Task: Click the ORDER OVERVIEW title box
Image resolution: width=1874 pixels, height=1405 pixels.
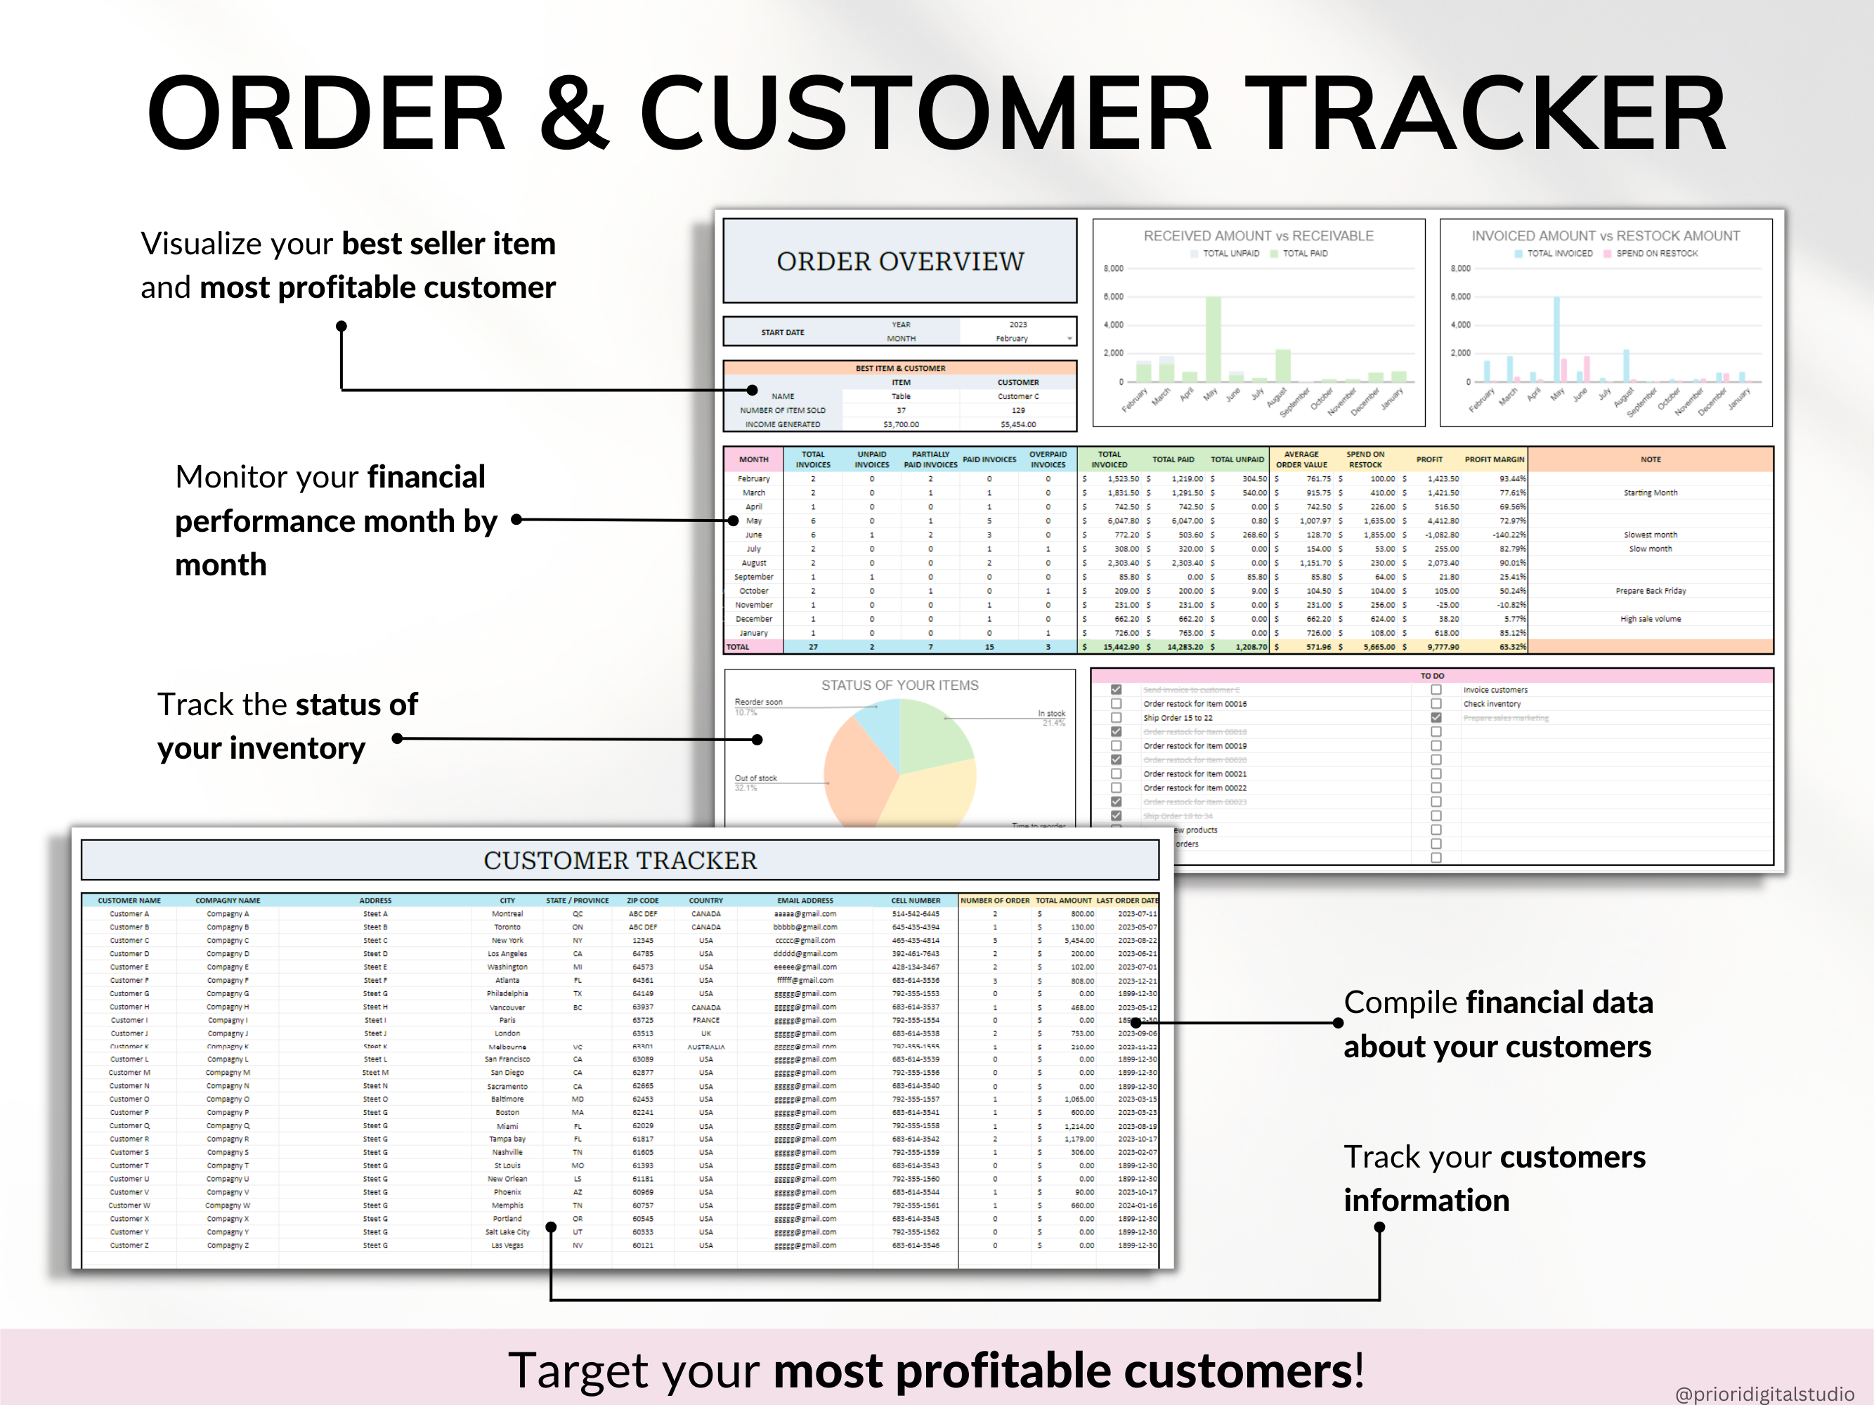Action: (899, 261)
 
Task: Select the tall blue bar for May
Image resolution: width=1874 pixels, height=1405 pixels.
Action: (1556, 339)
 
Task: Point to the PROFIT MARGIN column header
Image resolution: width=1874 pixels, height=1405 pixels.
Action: (1494, 459)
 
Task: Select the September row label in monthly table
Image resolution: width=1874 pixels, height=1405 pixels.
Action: (753, 577)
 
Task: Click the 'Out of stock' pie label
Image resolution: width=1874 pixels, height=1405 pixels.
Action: (755, 778)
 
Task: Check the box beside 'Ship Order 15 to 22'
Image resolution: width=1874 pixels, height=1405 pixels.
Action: (1116, 718)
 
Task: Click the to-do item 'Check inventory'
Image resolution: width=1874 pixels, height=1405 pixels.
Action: (1491, 704)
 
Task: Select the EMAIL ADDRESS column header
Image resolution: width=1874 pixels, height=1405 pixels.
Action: (805, 900)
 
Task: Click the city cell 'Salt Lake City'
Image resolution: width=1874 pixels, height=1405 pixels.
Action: (507, 1232)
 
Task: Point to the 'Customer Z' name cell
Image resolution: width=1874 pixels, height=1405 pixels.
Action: (129, 1246)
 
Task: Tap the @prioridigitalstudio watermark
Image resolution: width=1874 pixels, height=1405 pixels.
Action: (1764, 1393)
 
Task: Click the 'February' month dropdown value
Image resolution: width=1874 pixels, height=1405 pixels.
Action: (1012, 339)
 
